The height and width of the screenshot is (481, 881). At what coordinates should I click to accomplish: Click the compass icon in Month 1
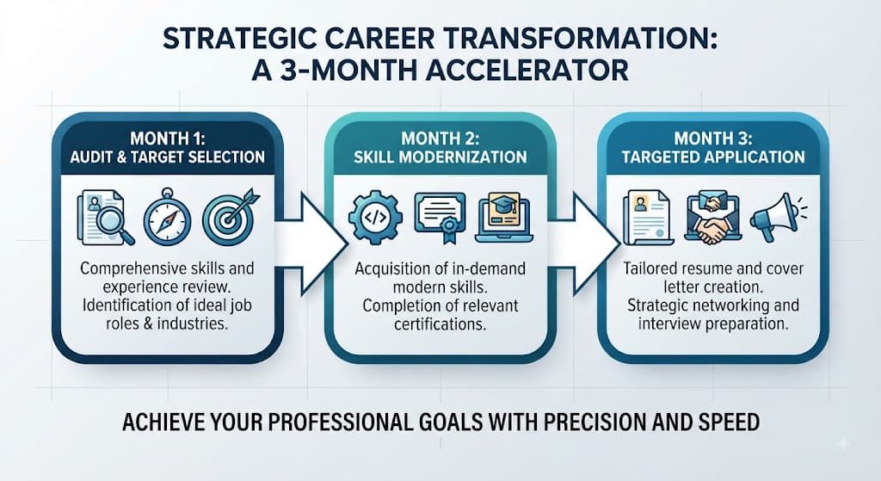coord(167,217)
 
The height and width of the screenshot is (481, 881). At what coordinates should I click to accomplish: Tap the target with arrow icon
coord(230,217)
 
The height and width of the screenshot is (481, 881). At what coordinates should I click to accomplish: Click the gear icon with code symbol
coord(375,217)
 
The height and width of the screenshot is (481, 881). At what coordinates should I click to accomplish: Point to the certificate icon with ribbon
coord(440,218)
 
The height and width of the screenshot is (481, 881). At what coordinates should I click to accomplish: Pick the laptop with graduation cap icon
coord(504,218)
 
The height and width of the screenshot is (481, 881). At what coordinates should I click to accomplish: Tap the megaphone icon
coord(778,217)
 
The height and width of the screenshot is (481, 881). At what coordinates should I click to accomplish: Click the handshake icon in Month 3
coord(713,218)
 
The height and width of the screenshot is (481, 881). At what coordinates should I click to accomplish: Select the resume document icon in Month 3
coord(649,218)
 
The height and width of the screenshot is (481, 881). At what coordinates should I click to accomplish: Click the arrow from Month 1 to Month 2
coord(311,244)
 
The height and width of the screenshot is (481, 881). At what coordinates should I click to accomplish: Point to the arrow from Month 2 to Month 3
coord(584,244)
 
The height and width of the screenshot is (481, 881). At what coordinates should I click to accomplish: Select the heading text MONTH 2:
coord(440,139)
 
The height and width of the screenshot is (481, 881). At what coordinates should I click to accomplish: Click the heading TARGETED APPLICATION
coord(713,157)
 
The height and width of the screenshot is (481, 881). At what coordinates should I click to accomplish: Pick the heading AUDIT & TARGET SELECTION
coord(168,157)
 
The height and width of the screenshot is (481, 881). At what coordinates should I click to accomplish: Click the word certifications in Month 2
coord(440,324)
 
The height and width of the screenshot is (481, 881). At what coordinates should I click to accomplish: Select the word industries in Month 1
coord(193,324)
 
